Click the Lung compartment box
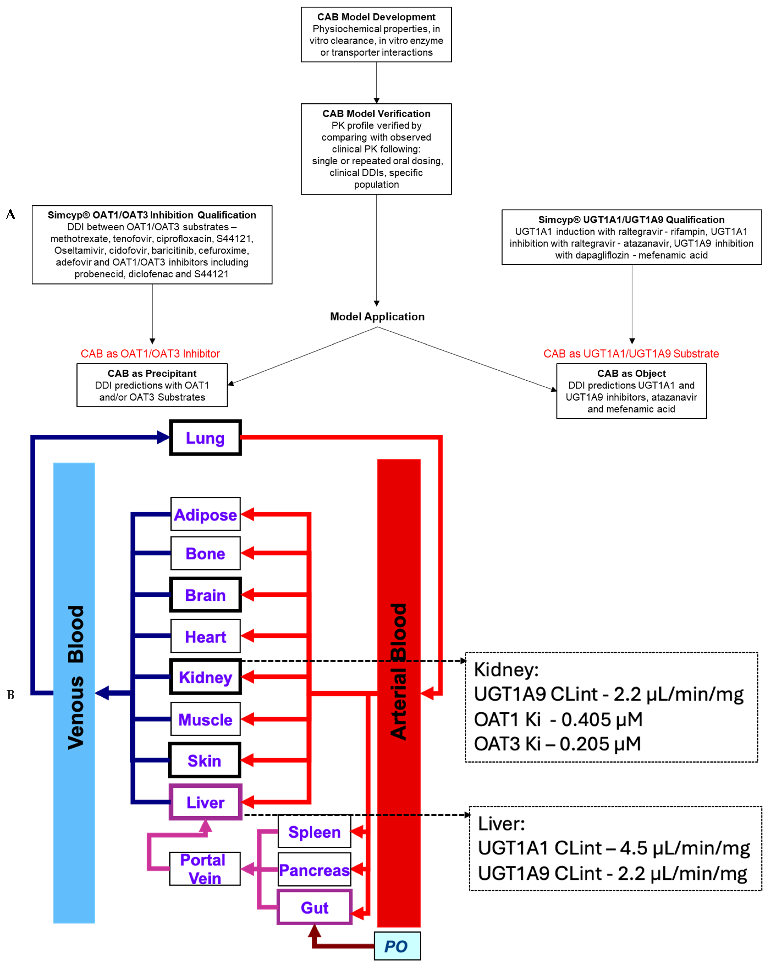205,438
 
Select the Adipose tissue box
205,514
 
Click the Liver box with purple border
205,802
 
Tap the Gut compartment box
314,907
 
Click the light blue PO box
397,946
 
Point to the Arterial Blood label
398,672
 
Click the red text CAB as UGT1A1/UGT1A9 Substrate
631,354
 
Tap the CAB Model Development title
376,17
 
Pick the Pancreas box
314,870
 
